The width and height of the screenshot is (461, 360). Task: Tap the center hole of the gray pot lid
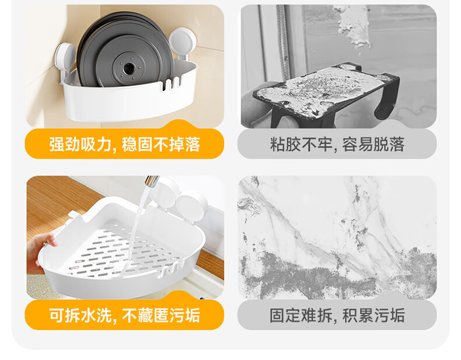[128, 69]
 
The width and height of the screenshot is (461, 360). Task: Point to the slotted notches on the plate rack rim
[171, 83]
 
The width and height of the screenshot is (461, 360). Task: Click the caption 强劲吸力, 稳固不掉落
[124, 144]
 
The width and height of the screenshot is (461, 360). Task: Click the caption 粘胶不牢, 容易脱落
[337, 144]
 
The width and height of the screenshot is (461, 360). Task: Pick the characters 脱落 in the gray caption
[389, 144]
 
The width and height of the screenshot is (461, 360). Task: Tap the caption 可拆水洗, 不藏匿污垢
[124, 315]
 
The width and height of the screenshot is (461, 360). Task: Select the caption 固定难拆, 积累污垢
[337, 315]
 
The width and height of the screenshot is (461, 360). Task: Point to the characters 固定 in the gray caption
[285, 315]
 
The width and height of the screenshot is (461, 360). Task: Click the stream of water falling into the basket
[138, 223]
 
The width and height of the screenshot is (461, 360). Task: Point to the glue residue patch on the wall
[352, 26]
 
